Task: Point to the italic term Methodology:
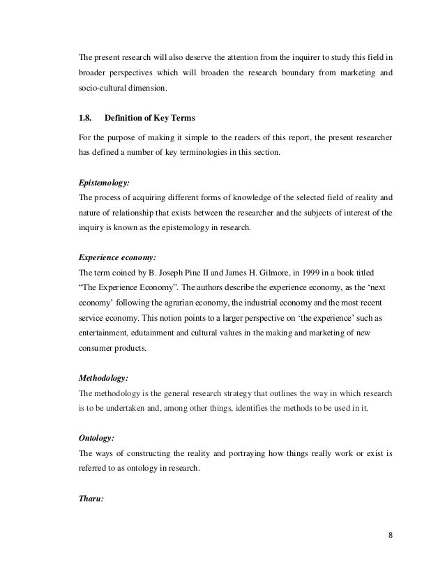click(x=103, y=377)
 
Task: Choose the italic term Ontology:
click(x=96, y=438)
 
